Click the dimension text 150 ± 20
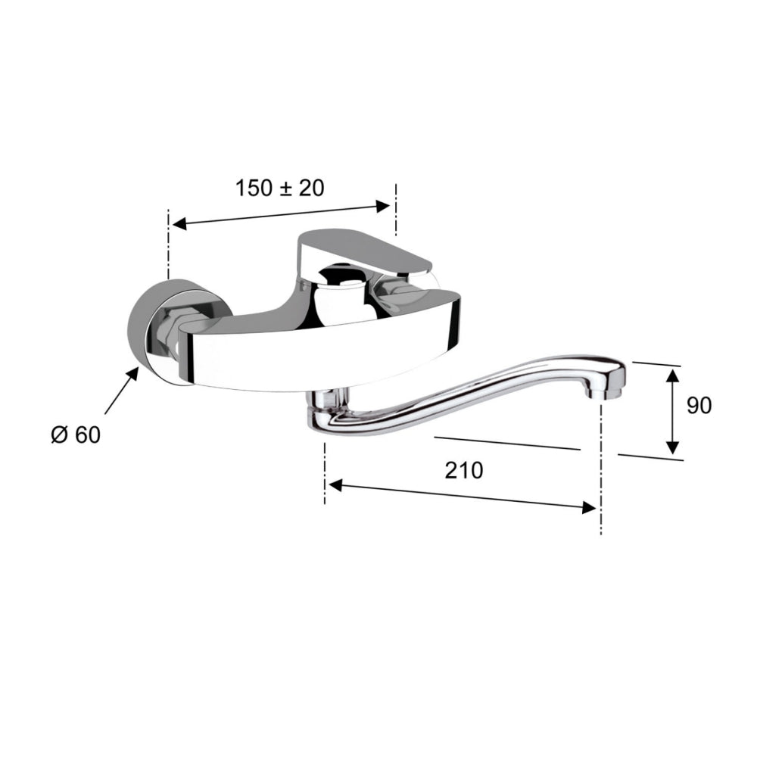(x=279, y=188)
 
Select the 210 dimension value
(x=463, y=470)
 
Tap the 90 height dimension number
(x=699, y=406)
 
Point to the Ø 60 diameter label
(x=75, y=435)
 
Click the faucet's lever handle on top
(x=363, y=249)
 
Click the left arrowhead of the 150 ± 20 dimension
(x=179, y=223)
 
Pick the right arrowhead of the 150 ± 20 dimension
(x=384, y=204)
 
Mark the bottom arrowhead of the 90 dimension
(x=672, y=448)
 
